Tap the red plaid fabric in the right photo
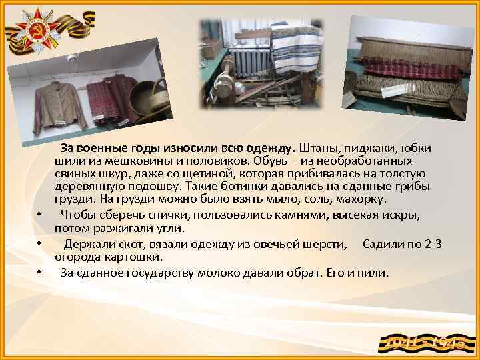point(407,67)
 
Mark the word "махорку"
point(367,199)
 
